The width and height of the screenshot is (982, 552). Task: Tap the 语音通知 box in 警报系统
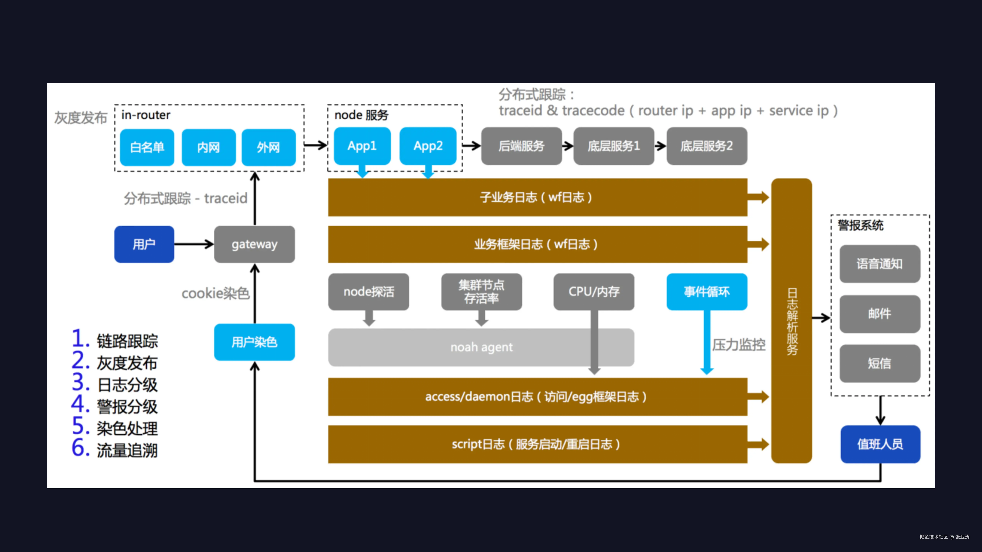(x=879, y=264)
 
